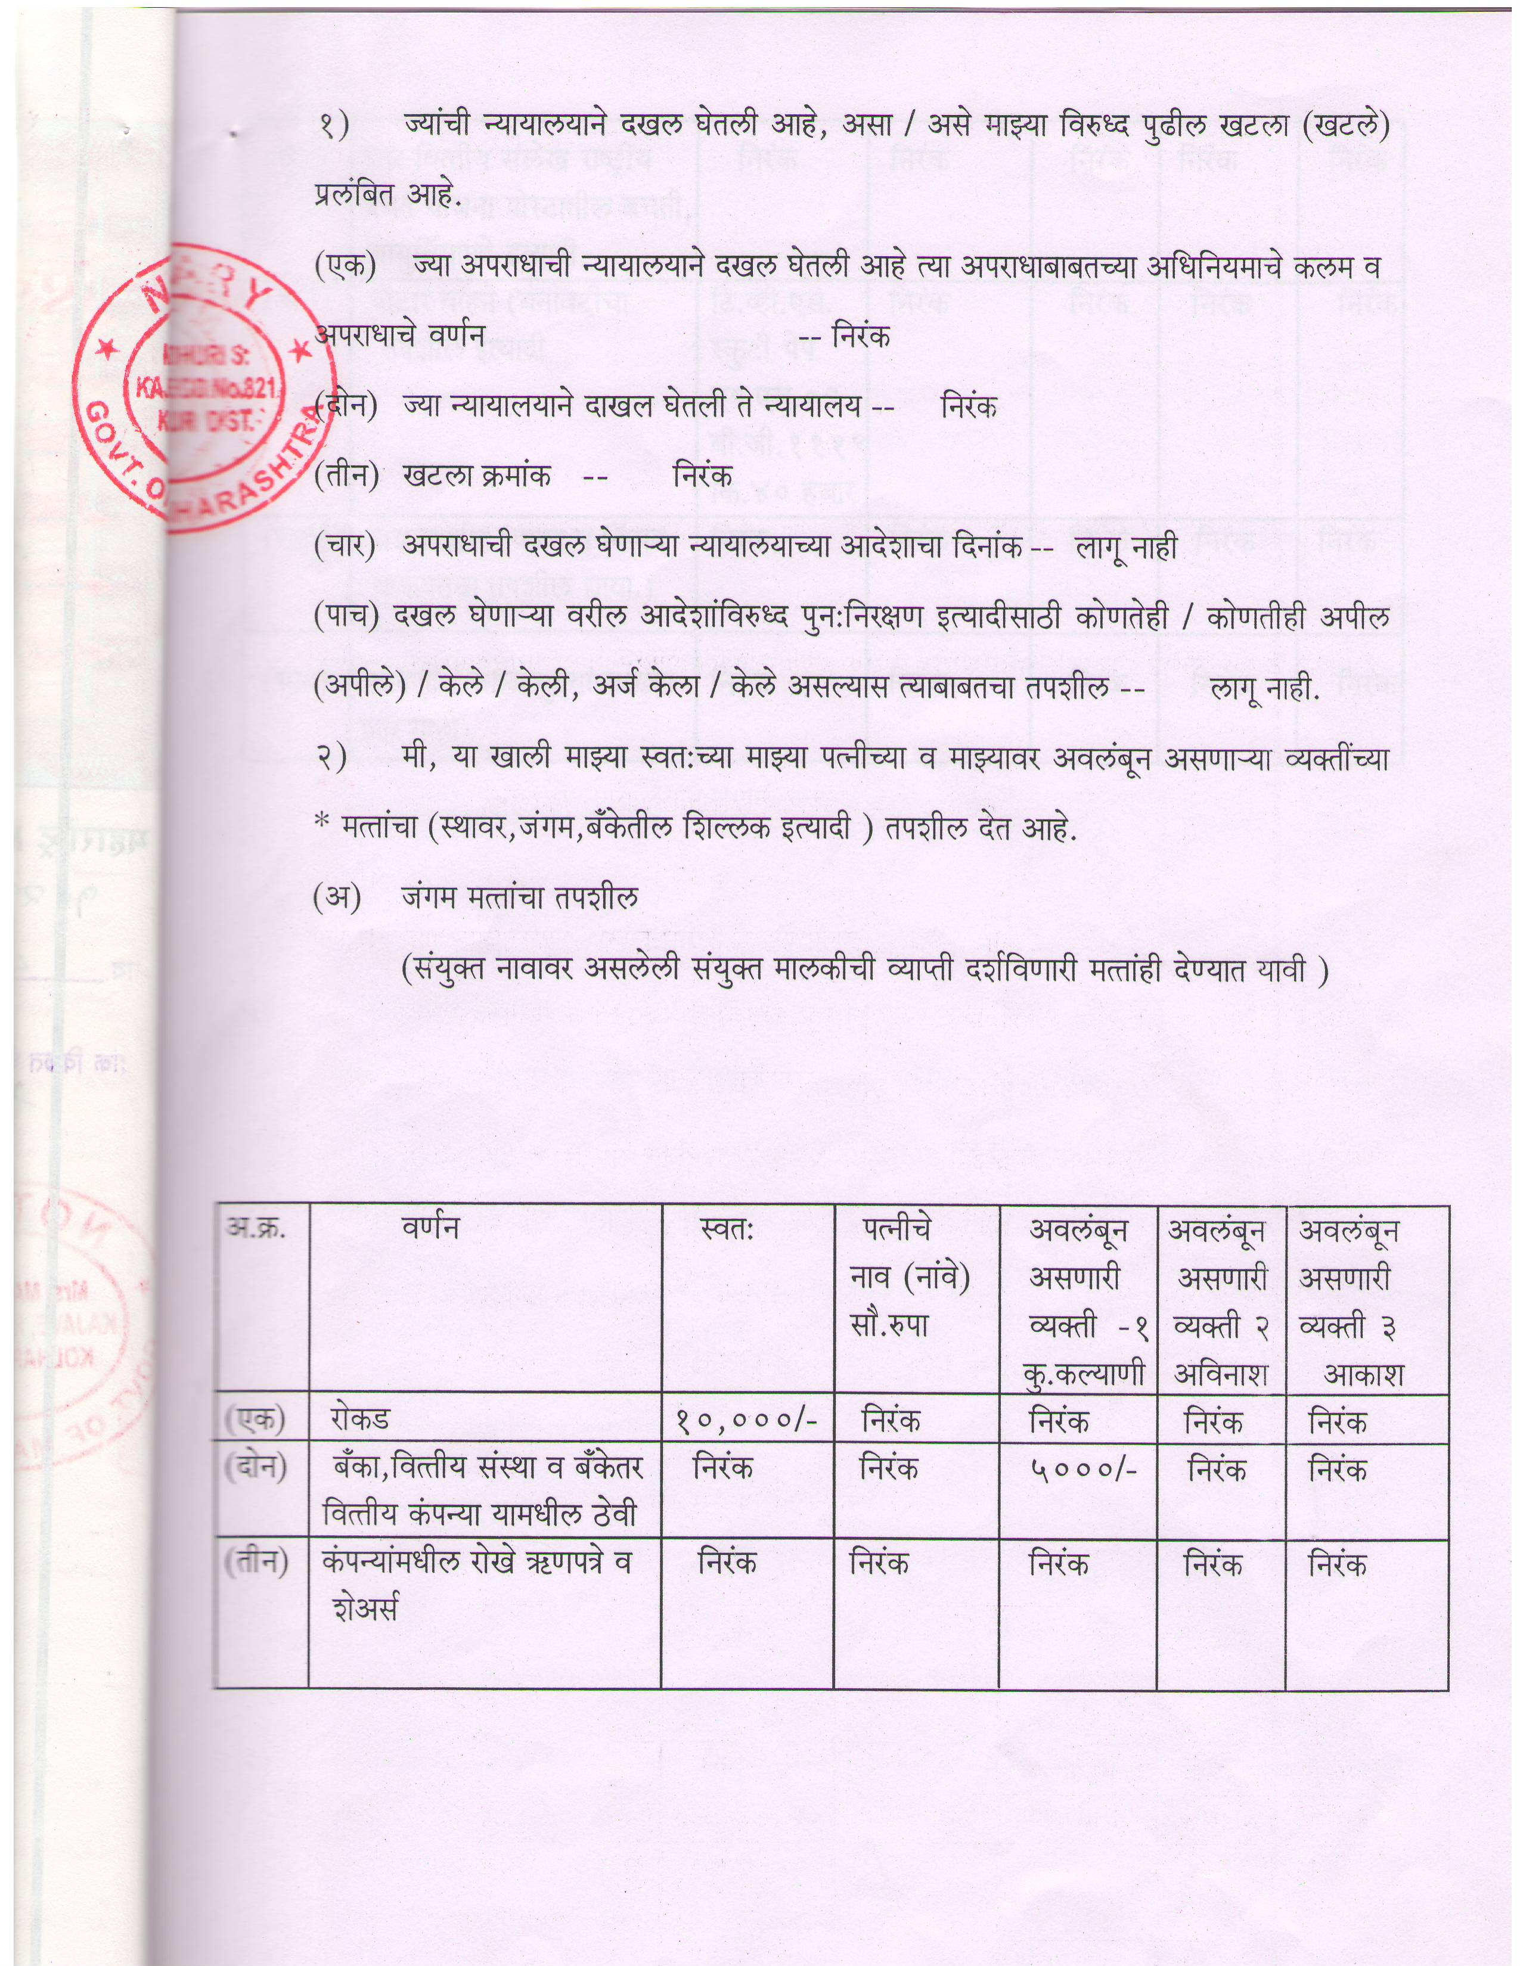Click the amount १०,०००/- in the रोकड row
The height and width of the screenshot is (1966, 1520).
746,1421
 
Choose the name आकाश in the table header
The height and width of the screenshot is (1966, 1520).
1363,1374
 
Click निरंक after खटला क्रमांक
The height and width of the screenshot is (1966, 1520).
702,476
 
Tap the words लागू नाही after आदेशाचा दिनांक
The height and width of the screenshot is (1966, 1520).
1127,546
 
